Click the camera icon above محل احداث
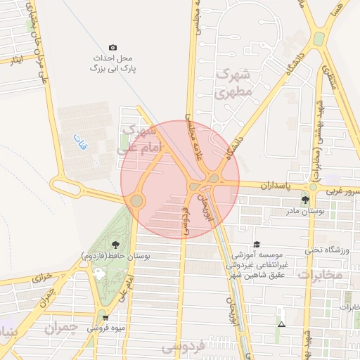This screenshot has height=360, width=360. click(x=113, y=47)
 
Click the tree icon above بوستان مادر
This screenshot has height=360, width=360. click(x=305, y=200)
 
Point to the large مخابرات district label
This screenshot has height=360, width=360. click(x=319, y=275)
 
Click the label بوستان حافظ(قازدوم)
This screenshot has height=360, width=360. click(x=115, y=255)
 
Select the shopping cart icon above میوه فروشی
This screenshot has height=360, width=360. click(x=105, y=317)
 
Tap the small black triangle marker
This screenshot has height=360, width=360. click(x=282, y=325)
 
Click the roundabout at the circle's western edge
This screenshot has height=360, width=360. click(x=136, y=201)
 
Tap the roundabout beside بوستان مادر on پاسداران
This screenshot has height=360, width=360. click(x=313, y=188)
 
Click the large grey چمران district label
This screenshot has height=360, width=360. click(x=62, y=328)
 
